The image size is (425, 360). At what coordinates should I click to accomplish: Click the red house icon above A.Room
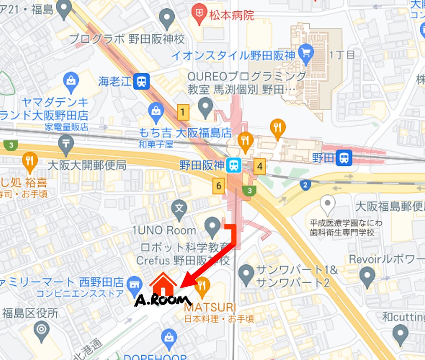[163, 285]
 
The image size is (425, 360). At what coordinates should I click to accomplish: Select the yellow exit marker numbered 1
[184, 113]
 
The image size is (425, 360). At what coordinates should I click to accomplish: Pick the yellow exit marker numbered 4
[260, 166]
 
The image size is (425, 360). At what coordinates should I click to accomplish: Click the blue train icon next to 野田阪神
[234, 165]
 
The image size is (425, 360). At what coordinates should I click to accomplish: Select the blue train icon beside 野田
[345, 158]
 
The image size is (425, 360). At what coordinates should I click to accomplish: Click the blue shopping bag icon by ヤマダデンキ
[70, 80]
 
